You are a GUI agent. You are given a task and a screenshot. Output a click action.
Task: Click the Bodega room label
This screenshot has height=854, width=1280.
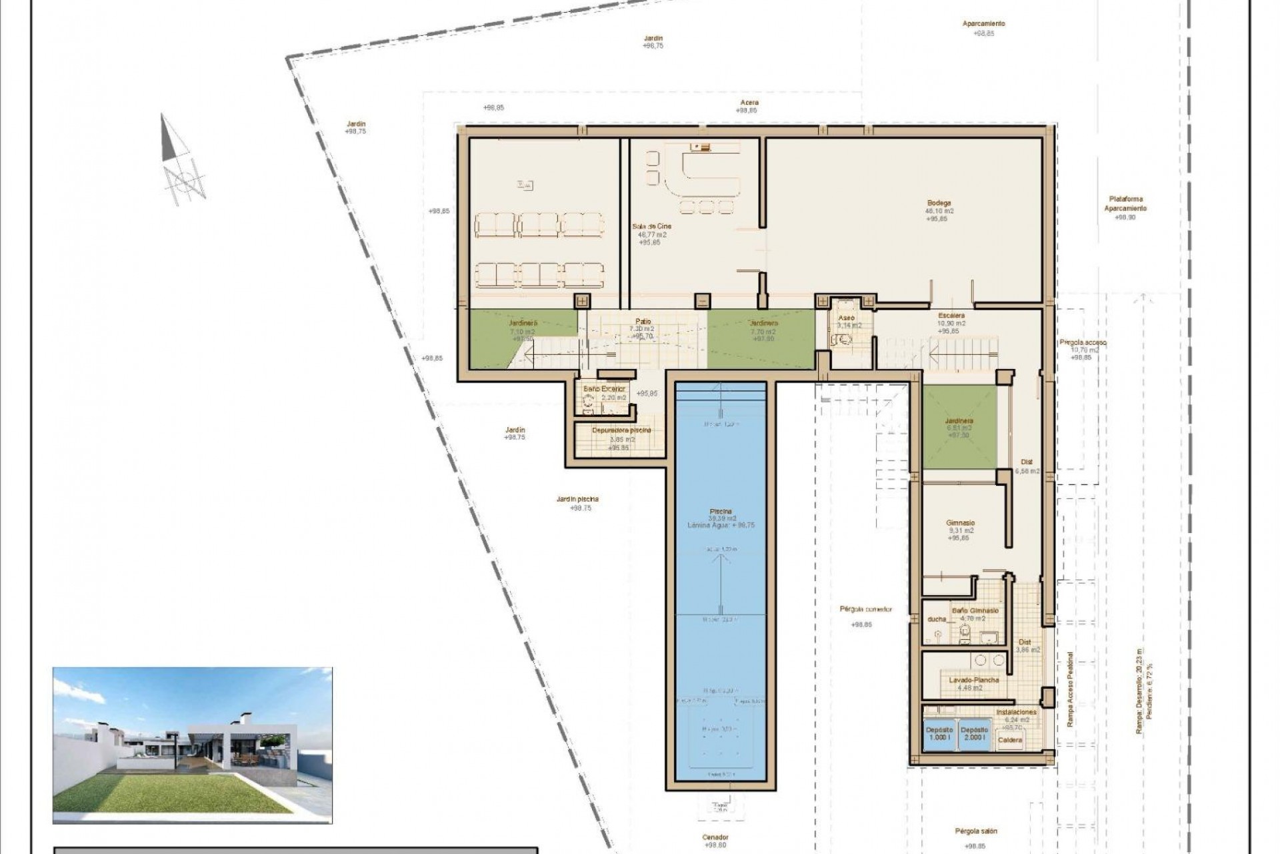(x=939, y=203)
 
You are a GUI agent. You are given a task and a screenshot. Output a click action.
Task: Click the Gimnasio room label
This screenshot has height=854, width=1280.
(x=960, y=523)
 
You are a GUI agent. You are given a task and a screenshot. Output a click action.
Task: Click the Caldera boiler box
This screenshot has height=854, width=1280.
(x=1011, y=740)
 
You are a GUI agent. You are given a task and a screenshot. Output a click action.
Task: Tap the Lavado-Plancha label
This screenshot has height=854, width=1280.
(x=974, y=680)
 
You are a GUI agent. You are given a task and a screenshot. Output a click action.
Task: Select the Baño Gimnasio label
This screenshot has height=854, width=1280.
(x=975, y=610)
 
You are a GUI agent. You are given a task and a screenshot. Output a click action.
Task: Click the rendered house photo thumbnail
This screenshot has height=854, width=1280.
(x=192, y=745)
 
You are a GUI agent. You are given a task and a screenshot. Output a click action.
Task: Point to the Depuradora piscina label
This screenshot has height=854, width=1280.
(x=621, y=430)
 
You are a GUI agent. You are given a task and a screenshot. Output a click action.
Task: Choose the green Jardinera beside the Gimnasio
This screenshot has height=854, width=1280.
(x=959, y=428)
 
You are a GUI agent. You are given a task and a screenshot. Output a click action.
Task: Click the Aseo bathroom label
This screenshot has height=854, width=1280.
(x=845, y=318)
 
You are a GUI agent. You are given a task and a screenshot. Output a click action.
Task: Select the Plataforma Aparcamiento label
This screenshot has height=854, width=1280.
(x=1125, y=203)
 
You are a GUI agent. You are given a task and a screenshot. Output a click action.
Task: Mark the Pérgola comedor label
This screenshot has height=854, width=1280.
(x=866, y=609)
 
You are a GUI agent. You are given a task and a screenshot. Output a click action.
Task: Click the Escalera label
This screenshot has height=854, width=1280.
(x=951, y=315)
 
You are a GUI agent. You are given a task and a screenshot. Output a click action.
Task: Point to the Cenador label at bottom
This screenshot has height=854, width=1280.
(x=715, y=837)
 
